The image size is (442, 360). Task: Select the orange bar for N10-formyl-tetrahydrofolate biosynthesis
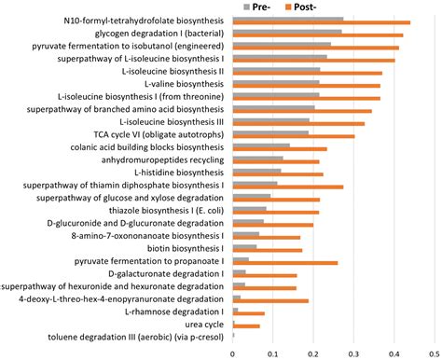pos(321,21)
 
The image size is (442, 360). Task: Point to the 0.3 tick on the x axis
pos(353,353)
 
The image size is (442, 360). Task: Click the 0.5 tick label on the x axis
pos(434,353)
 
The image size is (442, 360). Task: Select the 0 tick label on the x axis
pos(232,353)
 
